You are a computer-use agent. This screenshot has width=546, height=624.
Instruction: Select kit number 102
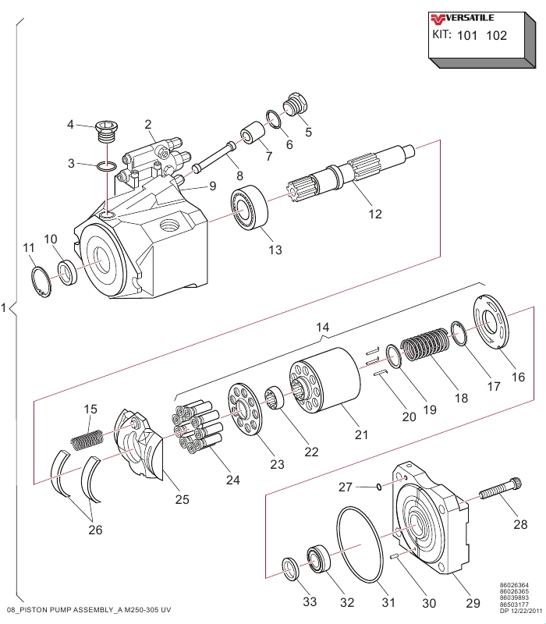[x=497, y=36]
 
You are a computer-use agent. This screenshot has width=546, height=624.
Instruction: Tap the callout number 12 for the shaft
[x=375, y=214]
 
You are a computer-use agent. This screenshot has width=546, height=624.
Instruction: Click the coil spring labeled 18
[x=424, y=344]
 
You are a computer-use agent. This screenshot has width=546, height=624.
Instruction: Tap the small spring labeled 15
[x=87, y=440]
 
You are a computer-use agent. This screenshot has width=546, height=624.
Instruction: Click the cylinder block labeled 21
[x=324, y=381]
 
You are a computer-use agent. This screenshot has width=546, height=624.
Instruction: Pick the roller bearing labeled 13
[x=250, y=208]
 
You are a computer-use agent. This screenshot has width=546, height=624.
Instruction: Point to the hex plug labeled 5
[x=295, y=105]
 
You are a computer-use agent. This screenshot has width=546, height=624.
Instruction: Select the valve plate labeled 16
[x=491, y=322]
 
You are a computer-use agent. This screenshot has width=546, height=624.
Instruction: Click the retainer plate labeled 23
[x=245, y=410]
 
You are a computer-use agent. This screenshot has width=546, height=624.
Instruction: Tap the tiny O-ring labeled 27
[x=379, y=487]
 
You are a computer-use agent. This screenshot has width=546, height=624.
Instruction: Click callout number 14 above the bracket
[x=323, y=327]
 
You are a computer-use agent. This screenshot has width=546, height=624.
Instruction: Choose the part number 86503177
[x=514, y=604]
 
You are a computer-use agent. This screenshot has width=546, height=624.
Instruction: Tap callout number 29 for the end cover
[x=473, y=603]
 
